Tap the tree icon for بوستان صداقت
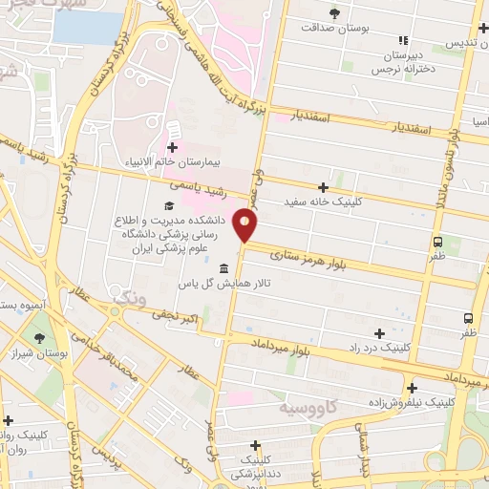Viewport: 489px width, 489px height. click(x=334, y=13)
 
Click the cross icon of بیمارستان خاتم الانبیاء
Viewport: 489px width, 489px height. click(x=172, y=147)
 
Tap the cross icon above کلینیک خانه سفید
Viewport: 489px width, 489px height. click(x=324, y=187)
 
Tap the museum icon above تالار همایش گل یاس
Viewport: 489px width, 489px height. click(x=223, y=267)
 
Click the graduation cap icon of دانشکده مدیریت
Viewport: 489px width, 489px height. click(x=170, y=205)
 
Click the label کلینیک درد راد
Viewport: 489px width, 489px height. click(x=380, y=349)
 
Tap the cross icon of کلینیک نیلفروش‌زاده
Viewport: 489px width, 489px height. click(x=412, y=388)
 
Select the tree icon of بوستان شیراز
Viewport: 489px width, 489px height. click(x=39, y=338)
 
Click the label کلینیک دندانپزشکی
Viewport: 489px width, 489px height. click(x=254, y=466)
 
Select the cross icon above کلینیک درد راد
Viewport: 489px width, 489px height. click(x=380, y=333)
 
